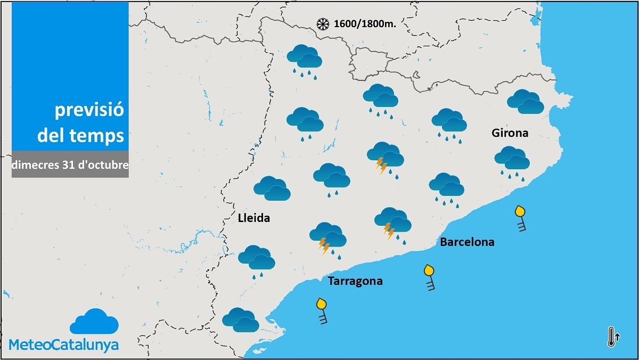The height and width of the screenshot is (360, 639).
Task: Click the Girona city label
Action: click(x=510, y=133)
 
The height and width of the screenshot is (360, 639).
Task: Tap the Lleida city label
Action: click(x=253, y=218)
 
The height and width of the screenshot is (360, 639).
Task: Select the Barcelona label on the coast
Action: click(x=467, y=242)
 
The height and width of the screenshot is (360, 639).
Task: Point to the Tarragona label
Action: click(x=355, y=281)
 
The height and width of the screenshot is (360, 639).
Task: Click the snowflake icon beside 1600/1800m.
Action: click(x=322, y=24)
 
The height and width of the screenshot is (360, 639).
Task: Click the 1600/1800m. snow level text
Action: click(x=365, y=24)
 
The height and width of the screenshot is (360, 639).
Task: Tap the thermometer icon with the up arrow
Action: click(x=612, y=337)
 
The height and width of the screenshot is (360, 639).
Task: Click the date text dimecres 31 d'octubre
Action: click(x=70, y=165)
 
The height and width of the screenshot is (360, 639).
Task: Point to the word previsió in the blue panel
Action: click(x=89, y=111)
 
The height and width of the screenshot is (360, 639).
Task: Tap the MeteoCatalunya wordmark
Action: click(x=64, y=345)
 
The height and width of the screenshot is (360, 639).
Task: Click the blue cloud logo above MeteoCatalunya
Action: click(x=94, y=321)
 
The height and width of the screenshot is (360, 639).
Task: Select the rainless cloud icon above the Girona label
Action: click(x=525, y=102)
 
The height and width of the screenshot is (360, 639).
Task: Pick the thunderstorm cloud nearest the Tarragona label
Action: click(x=327, y=238)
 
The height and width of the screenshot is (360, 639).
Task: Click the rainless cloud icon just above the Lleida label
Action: click(x=272, y=189)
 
